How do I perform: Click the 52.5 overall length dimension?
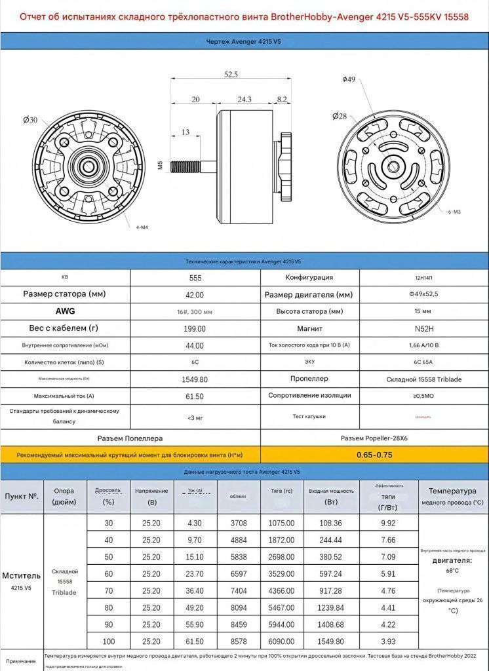click(231, 74)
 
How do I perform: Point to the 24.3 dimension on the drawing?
click(244, 100)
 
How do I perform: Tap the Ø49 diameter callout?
click(349, 79)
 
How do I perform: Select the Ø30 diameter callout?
click(30, 120)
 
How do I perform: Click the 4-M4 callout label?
click(142, 227)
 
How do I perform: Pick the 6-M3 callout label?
click(454, 212)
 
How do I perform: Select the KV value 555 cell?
click(195, 277)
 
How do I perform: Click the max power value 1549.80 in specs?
click(195, 379)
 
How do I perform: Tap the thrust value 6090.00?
click(282, 641)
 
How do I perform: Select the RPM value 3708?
click(238, 523)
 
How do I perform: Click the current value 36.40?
click(195, 590)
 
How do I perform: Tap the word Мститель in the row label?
click(22, 575)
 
